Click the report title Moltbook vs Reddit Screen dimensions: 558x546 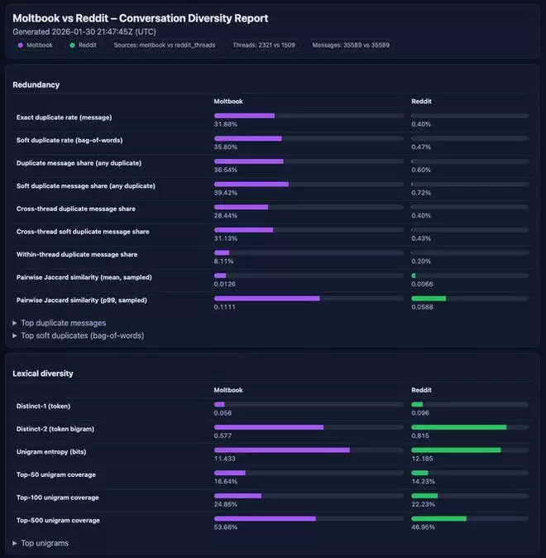(141, 18)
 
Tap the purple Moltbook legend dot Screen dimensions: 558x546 (21, 45)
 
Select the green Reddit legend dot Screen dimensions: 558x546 (73, 45)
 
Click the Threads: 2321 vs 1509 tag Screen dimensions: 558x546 (264, 45)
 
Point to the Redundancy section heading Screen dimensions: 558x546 (36, 84)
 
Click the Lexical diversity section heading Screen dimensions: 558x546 (43, 373)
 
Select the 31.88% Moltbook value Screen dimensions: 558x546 (225, 124)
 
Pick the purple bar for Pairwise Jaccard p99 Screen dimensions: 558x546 (266, 298)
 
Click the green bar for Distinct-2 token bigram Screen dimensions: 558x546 (459, 427)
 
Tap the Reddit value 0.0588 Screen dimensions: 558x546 (421, 306)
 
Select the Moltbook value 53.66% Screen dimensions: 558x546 (225, 527)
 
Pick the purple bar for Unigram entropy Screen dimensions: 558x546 (282, 450)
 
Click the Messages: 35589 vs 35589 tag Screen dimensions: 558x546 (351, 45)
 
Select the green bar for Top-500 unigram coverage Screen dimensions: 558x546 (439, 519)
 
